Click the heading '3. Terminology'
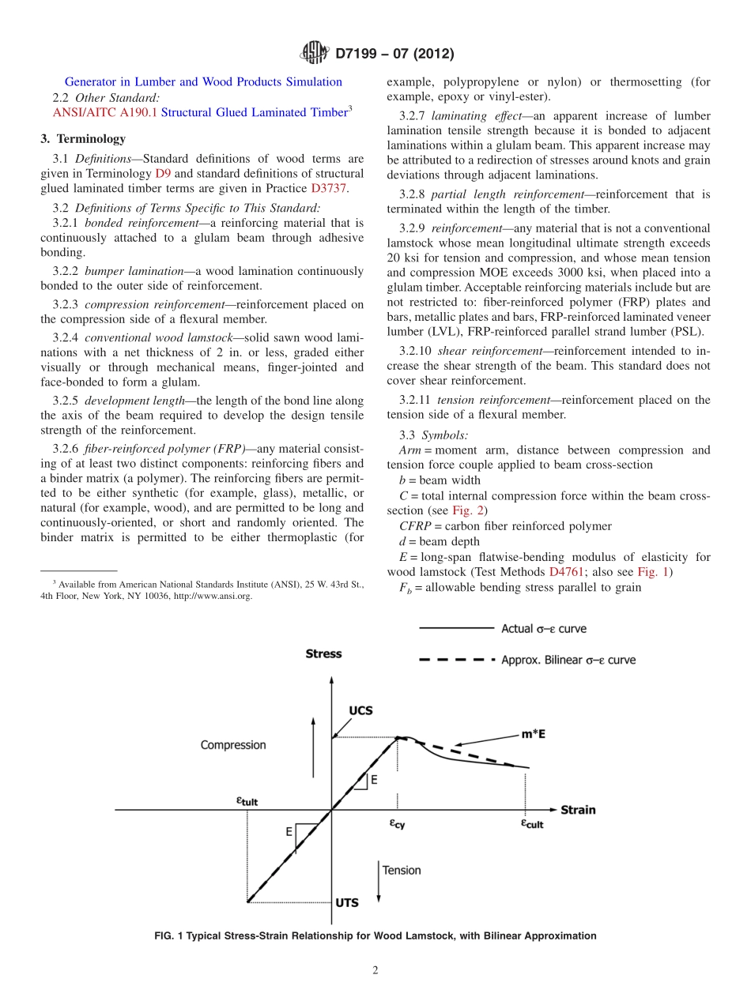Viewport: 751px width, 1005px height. click(x=82, y=139)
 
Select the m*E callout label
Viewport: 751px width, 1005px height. click(x=533, y=734)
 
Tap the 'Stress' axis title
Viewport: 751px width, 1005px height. click(x=323, y=653)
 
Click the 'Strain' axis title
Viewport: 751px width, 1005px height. click(x=578, y=810)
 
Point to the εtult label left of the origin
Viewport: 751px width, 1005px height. click(x=247, y=800)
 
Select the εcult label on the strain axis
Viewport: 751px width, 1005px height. click(x=531, y=823)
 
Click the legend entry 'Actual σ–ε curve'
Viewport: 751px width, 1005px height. click(x=544, y=629)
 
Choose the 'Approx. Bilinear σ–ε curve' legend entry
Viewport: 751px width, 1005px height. click(x=568, y=660)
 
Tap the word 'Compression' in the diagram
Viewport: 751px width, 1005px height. click(x=233, y=745)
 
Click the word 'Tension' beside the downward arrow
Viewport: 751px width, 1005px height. click(x=402, y=870)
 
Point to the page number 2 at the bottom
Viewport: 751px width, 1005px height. click(x=375, y=971)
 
